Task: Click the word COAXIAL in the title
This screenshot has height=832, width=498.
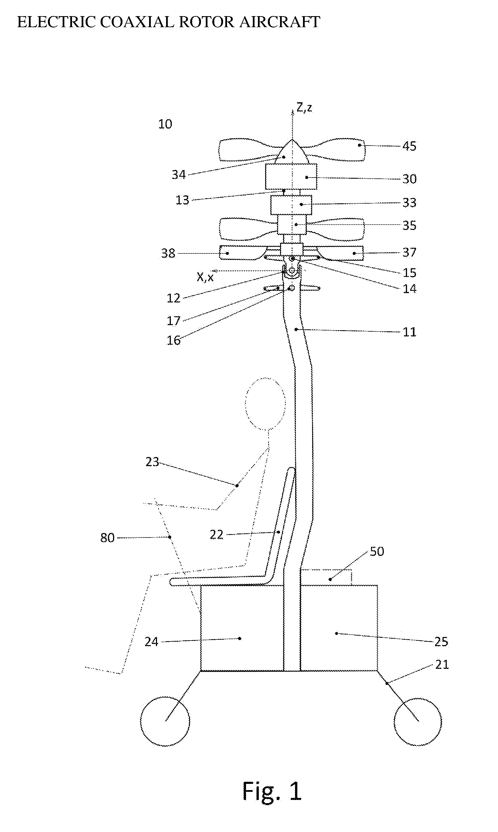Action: [137, 22]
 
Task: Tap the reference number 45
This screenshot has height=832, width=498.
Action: [409, 146]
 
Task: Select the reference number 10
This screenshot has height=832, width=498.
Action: [165, 124]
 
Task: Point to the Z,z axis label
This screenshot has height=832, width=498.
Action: [304, 107]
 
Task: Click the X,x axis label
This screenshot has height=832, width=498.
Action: [205, 277]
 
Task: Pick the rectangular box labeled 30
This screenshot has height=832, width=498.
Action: [291, 177]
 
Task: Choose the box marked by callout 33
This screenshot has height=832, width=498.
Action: [291, 205]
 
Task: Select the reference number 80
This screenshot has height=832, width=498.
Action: [107, 538]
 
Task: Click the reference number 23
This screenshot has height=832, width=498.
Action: [152, 462]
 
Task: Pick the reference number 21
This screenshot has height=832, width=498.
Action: [442, 664]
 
